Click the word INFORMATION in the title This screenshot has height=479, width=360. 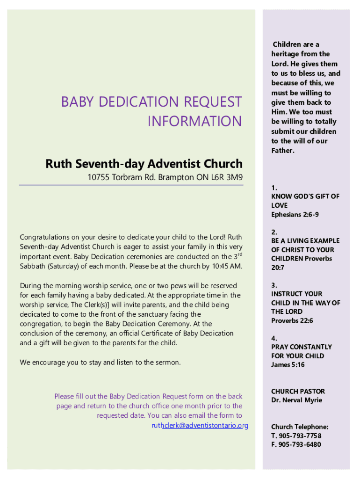click(194, 122)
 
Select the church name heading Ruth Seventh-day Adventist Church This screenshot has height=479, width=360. click(144, 164)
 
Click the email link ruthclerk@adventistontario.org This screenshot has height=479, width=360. click(200, 425)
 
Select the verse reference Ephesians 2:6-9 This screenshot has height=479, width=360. click(295, 214)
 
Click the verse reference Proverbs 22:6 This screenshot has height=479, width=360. click(292, 320)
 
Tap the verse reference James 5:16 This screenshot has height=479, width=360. click(288, 364)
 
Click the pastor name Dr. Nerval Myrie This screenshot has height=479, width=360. click(296, 400)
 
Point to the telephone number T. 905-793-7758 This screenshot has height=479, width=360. click(296, 435)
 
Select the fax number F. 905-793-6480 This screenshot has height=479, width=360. click(296, 444)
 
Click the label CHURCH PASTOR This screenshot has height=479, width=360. click(298, 391)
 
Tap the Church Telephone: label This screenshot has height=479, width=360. click(300, 427)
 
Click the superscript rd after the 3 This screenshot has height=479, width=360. click(240, 254)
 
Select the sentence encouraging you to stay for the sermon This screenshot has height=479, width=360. click(100, 362)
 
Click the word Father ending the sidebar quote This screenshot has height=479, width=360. click(282, 151)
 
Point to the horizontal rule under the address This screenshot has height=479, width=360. click(131, 186)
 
